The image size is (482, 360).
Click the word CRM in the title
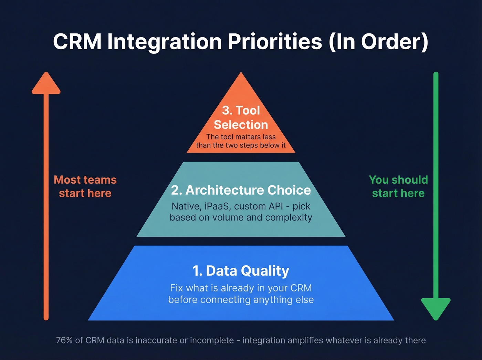77,42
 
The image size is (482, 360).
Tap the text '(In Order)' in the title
378,42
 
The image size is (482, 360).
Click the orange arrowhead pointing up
46,84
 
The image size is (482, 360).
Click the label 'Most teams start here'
85,186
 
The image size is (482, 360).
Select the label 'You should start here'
398,186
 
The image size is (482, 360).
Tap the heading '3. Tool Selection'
241,117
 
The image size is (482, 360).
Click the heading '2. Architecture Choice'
241,190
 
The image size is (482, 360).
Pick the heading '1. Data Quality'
241,271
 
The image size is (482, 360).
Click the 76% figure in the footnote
64,340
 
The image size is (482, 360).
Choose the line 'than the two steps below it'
241,145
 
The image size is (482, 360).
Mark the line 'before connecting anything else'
241,300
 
